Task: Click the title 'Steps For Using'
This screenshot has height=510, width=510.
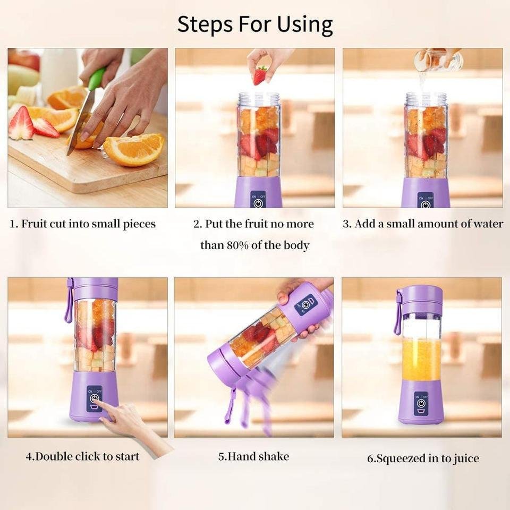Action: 255,24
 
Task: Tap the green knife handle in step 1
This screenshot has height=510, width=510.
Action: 97,79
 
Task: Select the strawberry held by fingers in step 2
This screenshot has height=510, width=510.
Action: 260,75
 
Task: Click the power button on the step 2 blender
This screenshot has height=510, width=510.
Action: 258,202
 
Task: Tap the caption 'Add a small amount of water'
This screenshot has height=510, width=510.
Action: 422,224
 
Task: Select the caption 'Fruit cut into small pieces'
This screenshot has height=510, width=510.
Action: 83,224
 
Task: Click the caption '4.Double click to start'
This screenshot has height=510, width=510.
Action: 83,456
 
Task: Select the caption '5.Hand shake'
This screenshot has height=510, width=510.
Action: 254,456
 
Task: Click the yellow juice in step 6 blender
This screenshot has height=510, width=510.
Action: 421,359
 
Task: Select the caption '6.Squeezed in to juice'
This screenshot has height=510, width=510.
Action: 423,458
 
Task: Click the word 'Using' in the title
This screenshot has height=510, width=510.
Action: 305,25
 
